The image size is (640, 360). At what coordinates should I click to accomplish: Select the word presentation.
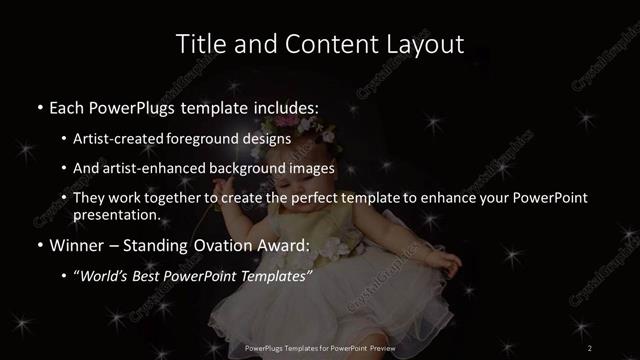116,214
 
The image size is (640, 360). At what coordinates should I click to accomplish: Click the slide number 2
590,347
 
